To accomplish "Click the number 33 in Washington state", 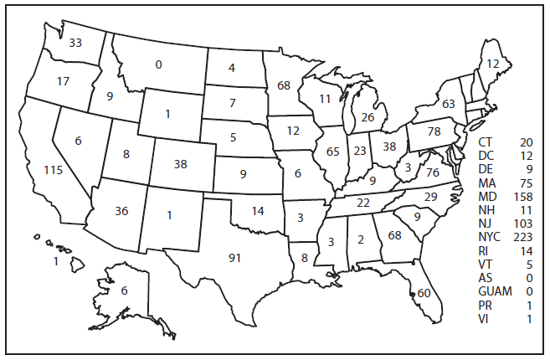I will pos(75,43).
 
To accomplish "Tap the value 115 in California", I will pos(53,171).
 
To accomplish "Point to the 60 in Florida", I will pos(424,293).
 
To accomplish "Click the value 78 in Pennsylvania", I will pos(434,133).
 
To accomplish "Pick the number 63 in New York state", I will pos(448,104).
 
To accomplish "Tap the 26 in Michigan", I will pos(367,117).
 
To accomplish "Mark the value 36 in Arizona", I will pos(121,211).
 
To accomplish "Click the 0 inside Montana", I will pos(158,64).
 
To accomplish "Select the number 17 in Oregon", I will pos(63,81).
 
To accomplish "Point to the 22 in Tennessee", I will pos(362,203).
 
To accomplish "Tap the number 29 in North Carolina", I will pos(431,196).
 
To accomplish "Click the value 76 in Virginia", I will pos(432,172).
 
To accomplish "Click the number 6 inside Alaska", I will pos(124,291).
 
